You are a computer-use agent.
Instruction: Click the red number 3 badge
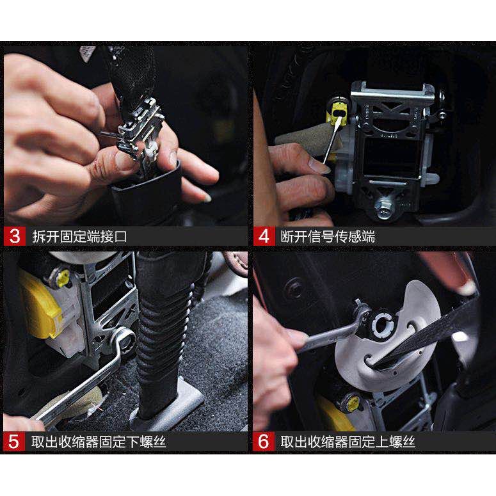pos(14,236)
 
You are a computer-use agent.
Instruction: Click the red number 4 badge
pos(264,236)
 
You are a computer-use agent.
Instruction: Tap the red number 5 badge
pos(13,441)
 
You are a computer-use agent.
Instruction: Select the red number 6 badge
pos(264,441)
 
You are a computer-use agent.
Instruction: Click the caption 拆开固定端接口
pos(79,236)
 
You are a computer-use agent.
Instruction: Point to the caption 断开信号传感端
pos(328,236)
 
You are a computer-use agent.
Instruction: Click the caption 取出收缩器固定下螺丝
pos(99,442)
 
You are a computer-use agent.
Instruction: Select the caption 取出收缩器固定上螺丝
pos(348,442)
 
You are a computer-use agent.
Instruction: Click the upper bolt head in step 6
pos(383,324)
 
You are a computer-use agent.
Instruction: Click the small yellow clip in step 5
pos(63,278)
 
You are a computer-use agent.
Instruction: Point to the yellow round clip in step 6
pos(353,403)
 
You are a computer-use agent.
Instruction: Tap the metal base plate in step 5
pos(171,405)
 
